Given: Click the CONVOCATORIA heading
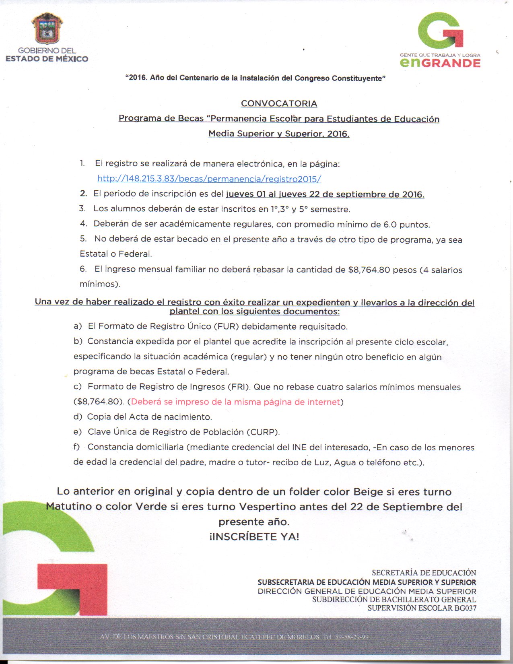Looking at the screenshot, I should [279, 103].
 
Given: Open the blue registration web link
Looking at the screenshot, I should [209, 179].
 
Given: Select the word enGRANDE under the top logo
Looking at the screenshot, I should [440, 63].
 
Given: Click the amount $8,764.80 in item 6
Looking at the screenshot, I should [369, 270].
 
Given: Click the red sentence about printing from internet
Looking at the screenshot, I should [235, 402].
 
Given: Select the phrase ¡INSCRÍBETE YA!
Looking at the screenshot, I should [254, 536].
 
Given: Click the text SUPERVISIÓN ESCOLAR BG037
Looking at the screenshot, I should [422, 608].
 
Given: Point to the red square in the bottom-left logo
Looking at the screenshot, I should [72, 588].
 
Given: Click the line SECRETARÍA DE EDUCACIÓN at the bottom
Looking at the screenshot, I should [424, 573].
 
